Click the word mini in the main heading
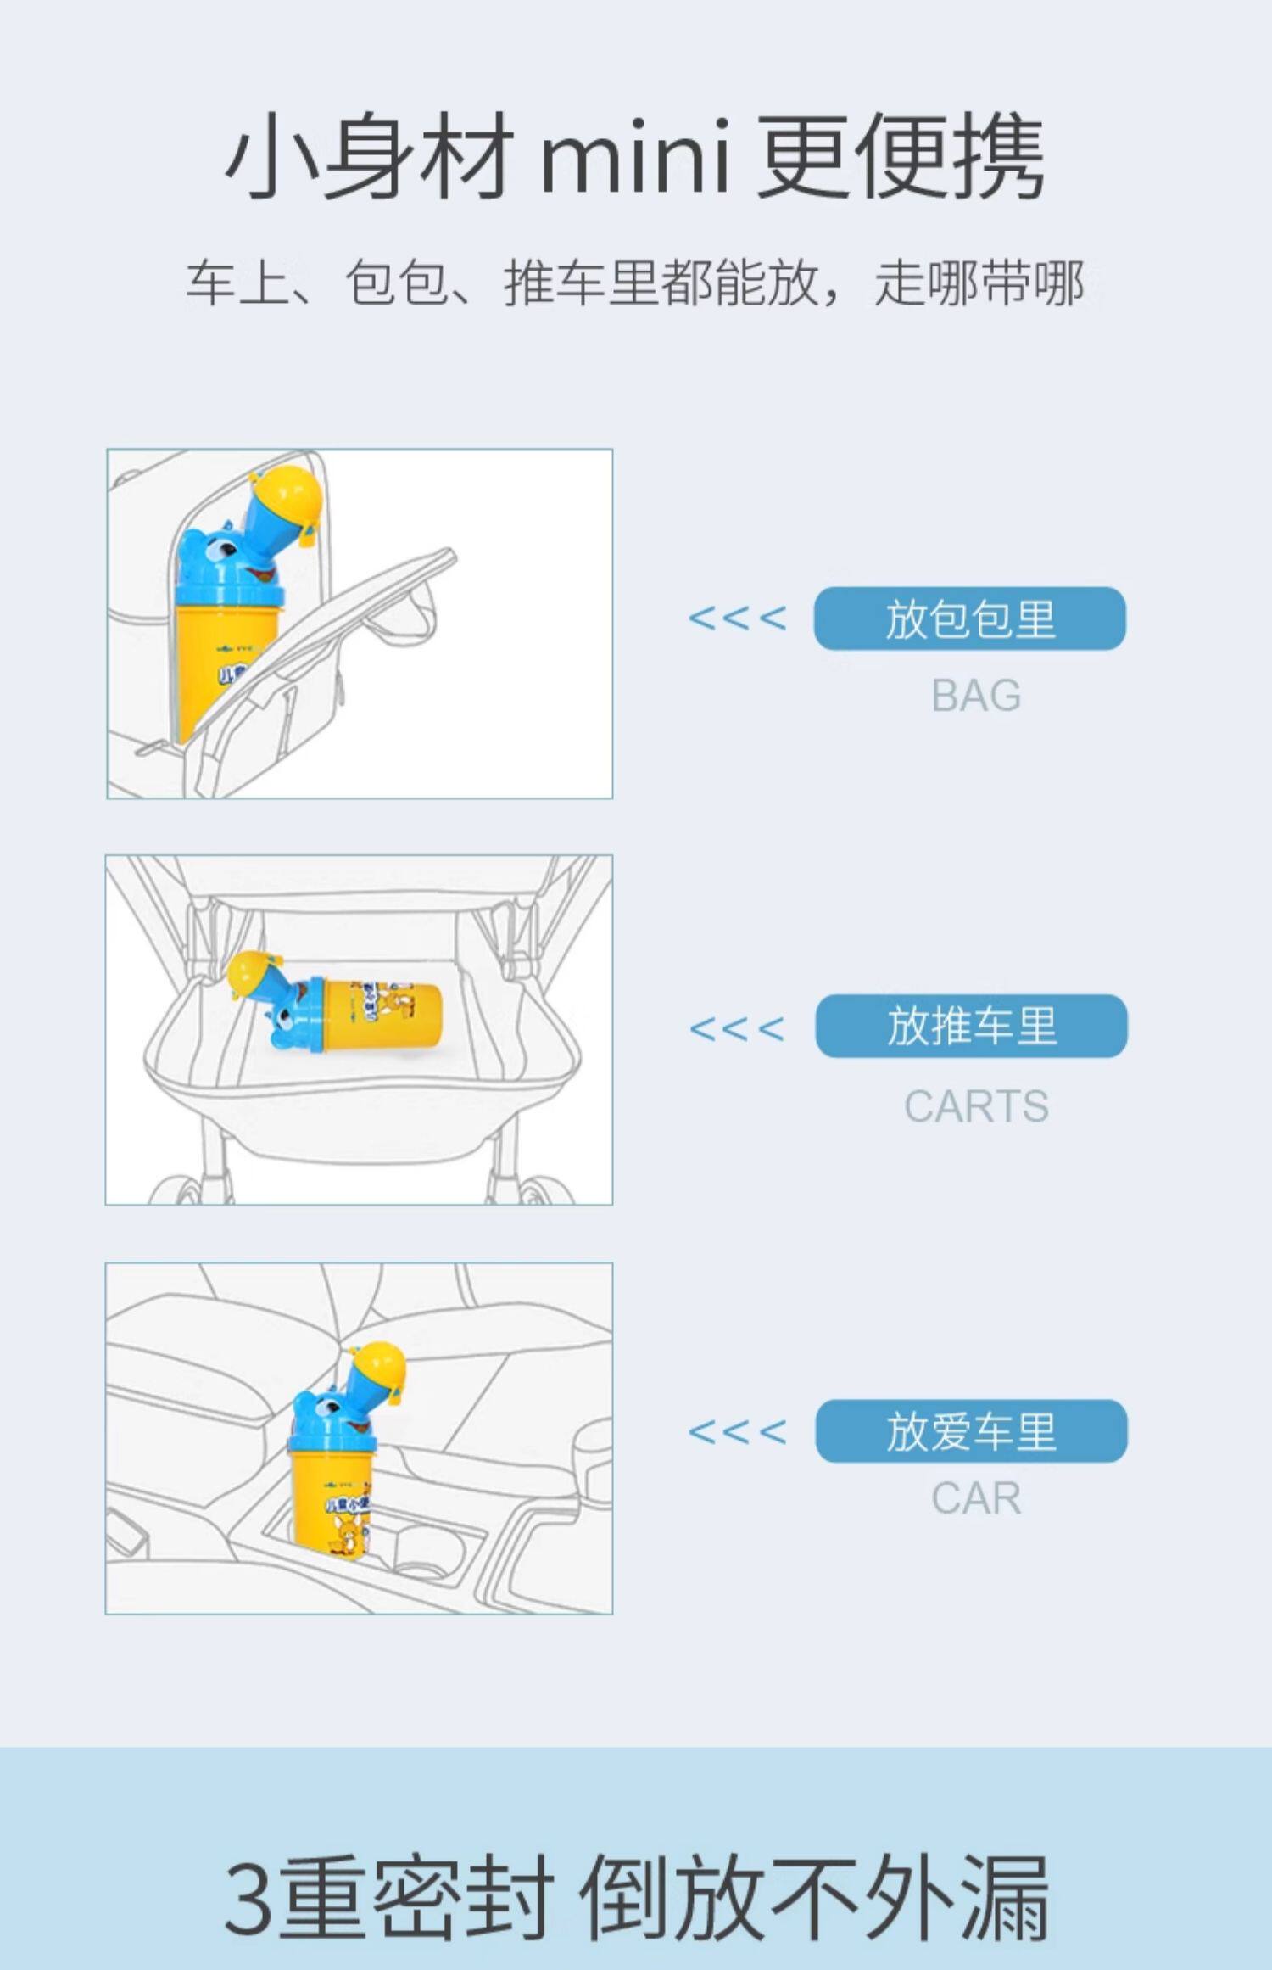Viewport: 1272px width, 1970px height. [634, 158]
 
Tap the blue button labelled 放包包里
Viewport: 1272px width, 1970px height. [969, 618]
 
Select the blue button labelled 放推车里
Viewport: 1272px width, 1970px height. [971, 1026]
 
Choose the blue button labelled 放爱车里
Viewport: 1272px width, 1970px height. [971, 1432]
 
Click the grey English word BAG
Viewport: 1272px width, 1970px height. [976, 696]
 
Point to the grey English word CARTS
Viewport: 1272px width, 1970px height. [976, 1106]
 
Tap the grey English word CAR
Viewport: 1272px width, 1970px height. [976, 1498]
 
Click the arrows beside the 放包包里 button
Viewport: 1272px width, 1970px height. [737, 618]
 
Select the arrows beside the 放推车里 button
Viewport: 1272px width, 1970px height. [737, 1029]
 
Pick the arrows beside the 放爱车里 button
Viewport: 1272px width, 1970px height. [737, 1432]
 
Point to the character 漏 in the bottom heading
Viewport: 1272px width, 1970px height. [1006, 1897]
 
